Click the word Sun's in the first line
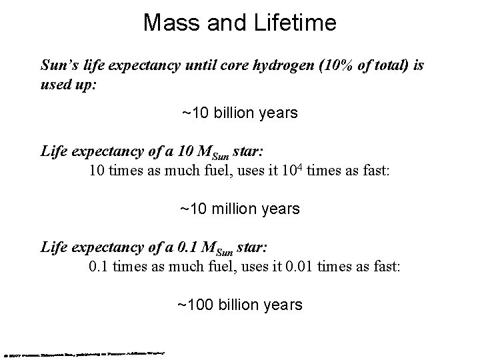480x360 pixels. (59, 66)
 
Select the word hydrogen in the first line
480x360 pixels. (289, 66)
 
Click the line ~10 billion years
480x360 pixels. (239, 113)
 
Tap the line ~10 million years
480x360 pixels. (239, 209)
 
